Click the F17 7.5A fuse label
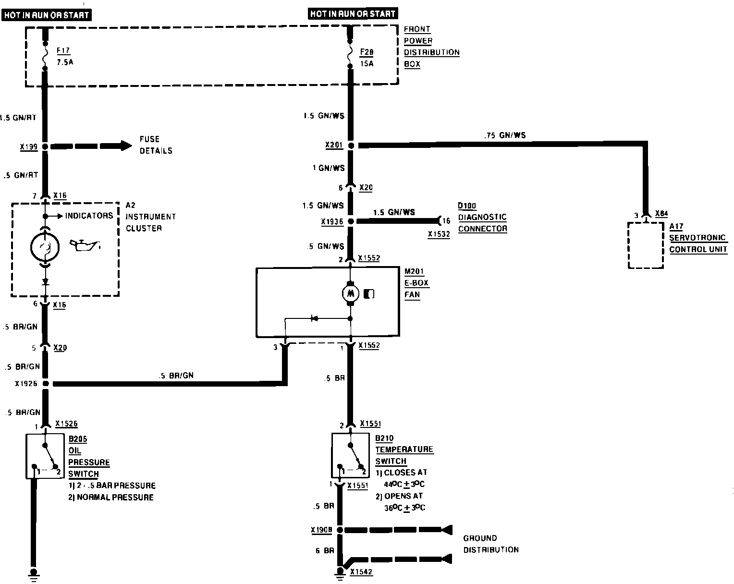click(63, 56)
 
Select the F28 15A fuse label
click(367, 56)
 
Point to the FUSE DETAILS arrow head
click(126, 145)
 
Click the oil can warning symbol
click(85, 245)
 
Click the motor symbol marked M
click(350, 292)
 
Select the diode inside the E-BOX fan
click(315, 318)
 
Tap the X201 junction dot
click(351, 146)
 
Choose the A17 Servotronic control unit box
click(646, 245)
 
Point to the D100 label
click(466, 206)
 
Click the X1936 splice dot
click(351, 221)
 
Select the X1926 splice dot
click(46, 383)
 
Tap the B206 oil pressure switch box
click(45, 456)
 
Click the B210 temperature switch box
click(351, 455)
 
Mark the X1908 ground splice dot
click(340, 530)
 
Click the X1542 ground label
click(361, 572)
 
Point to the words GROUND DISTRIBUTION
click(490, 544)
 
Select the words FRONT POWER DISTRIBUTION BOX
click(431, 47)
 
